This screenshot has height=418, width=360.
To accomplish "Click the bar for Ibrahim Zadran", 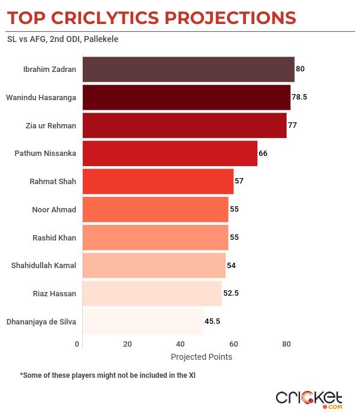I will (x=188, y=69).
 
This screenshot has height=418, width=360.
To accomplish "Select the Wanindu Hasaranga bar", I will (x=186, y=97).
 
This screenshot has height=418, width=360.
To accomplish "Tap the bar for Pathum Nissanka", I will (x=169, y=153).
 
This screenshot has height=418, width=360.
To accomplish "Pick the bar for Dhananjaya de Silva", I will (x=142, y=321).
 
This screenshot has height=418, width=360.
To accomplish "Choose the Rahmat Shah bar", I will (x=157, y=181).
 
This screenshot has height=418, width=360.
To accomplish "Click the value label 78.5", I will (x=299, y=97).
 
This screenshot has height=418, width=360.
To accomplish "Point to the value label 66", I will (x=263, y=154).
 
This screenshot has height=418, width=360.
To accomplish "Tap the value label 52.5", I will (x=231, y=293).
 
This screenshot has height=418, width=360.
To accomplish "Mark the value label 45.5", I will (x=212, y=321).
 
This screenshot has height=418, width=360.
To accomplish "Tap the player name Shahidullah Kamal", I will (x=44, y=266).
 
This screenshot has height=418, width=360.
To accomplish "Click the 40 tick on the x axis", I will (x=180, y=344).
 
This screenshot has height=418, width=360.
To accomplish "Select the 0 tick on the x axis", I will (x=77, y=344).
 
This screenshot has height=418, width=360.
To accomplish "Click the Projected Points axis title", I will (x=202, y=357).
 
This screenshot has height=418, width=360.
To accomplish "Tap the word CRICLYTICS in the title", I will (x=114, y=17).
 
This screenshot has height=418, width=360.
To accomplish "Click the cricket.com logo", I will (x=309, y=398).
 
